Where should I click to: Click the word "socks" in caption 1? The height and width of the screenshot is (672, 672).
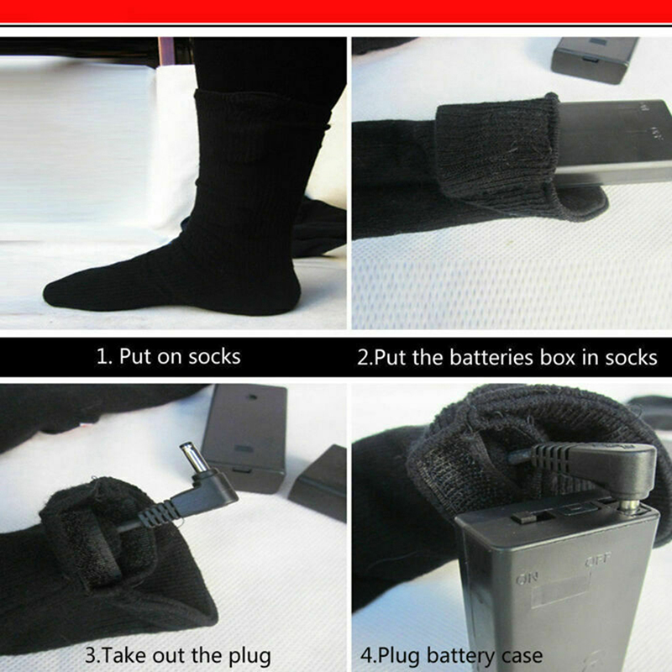[x=214, y=356]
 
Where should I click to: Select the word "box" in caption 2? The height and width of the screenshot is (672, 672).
[x=557, y=358]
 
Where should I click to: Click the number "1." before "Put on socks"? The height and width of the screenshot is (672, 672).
[x=104, y=356]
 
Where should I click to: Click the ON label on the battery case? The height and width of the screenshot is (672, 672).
[x=527, y=580]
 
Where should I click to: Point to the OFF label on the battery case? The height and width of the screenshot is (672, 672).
[x=598, y=560]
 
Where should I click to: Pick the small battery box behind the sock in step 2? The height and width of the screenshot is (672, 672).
[x=594, y=59]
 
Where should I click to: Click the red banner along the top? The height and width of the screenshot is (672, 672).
[x=336, y=11]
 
